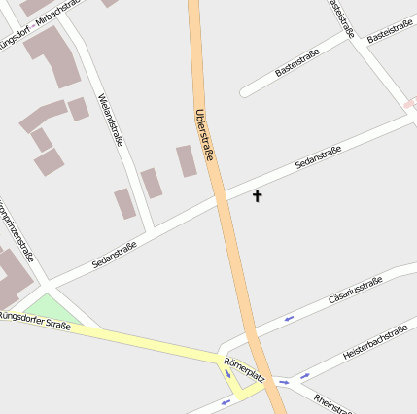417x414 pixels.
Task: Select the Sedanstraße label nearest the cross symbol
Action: (317, 155)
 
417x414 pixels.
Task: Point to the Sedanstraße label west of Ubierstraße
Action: (114, 255)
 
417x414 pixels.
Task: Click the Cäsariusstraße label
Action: (356, 289)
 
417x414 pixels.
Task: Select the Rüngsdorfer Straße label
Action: (35, 320)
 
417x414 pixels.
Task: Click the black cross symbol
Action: (258, 196)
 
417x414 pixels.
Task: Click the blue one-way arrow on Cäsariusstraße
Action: (289, 318)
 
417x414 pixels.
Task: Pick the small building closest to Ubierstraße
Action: (186, 160)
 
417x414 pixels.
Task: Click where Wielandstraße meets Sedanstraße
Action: (151, 230)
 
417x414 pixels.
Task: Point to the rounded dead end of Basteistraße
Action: (246, 92)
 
